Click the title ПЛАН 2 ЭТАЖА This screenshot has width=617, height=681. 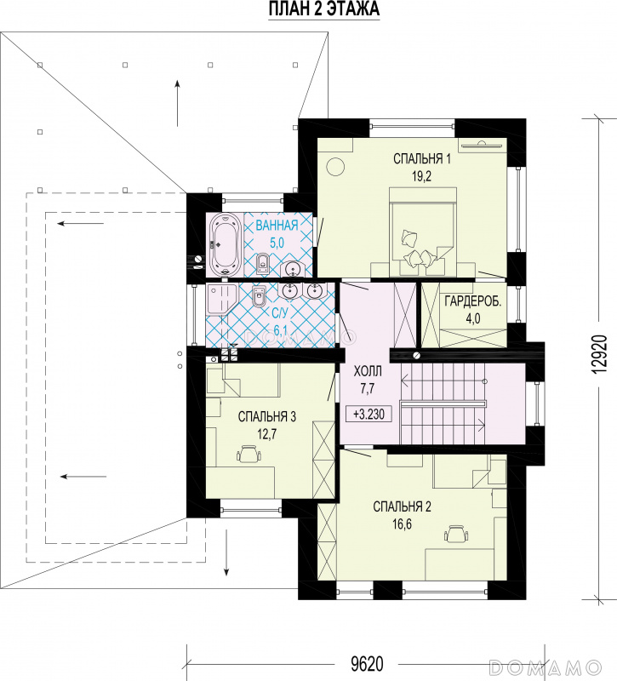[x=323, y=9]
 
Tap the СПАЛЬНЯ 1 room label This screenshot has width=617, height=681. [x=421, y=159]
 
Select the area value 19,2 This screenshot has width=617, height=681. [x=421, y=176]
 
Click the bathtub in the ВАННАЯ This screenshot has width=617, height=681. [x=225, y=245]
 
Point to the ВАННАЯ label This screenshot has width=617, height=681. [x=277, y=226]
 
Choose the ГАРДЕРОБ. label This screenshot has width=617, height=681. [x=472, y=301]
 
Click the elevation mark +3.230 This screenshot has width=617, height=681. [x=368, y=414]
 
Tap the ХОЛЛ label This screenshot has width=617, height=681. [x=368, y=371]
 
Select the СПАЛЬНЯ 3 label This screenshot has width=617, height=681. [x=267, y=417]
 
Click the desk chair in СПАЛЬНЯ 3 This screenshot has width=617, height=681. [x=249, y=454]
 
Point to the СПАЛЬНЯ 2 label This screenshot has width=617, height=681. [x=402, y=506]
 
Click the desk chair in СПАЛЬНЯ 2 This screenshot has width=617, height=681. [x=456, y=535]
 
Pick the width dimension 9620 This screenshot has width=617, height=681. [x=367, y=665]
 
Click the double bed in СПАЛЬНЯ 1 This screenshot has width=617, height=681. [x=423, y=232]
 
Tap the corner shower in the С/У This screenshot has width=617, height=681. [x=221, y=300]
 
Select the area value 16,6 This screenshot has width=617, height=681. [x=402, y=524]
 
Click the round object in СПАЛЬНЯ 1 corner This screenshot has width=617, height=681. [x=335, y=166]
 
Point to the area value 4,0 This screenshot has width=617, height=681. [x=473, y=318]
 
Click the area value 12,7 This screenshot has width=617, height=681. [x=267, y=434]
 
